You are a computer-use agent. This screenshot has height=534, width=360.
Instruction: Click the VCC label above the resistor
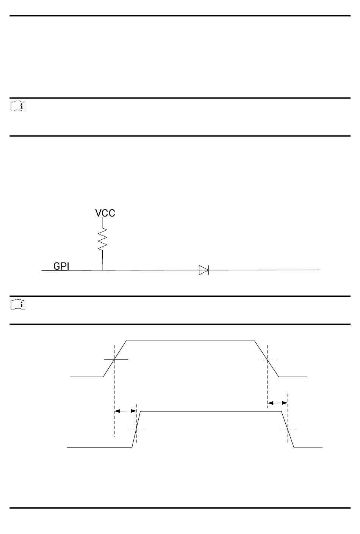pos(105,213)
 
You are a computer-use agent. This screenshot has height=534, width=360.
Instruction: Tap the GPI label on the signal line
pos(61,266)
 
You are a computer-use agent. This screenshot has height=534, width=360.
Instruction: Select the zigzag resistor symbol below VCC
pos(103,239)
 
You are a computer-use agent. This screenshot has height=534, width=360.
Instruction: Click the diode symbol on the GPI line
pos(204,270)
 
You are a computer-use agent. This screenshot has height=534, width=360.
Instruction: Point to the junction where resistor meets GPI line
pos(103,270)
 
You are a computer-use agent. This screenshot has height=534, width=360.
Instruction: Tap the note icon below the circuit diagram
pos(17,304)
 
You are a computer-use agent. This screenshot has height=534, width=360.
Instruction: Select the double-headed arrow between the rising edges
pos(125,411)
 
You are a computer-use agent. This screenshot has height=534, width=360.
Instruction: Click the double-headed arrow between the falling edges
pos(277,403)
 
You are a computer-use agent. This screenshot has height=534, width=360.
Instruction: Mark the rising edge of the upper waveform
pos(114,359)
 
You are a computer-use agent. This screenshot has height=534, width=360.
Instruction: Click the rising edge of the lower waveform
pos(136,429)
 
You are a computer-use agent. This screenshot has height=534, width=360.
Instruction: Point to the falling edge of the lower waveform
pos(288,429)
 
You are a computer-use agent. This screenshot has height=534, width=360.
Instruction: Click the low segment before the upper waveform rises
pos(86,377)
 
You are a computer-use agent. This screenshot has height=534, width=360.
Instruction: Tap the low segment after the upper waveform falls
pos(293,377)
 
